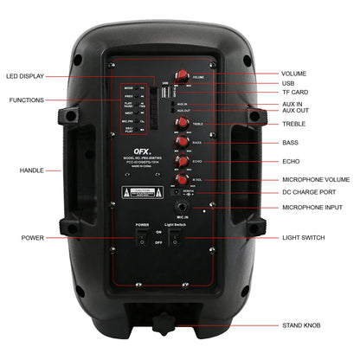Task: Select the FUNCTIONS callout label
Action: [x=26, y=101]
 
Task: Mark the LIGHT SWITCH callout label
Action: [x=304, y=236]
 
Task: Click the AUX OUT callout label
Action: [x=295, y=111]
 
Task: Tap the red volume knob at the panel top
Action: [x=184, y=76]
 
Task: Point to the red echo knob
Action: [x=183, y=161]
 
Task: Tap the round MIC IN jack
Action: [x=183, y=208]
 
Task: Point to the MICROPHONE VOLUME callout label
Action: [x=316, y=180]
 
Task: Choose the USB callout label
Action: [x=288, y=84]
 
